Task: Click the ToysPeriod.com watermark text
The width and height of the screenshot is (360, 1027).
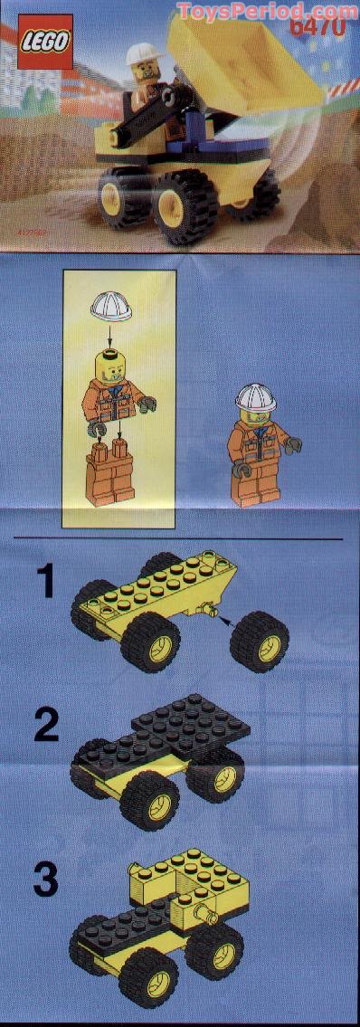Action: pos(267,11)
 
